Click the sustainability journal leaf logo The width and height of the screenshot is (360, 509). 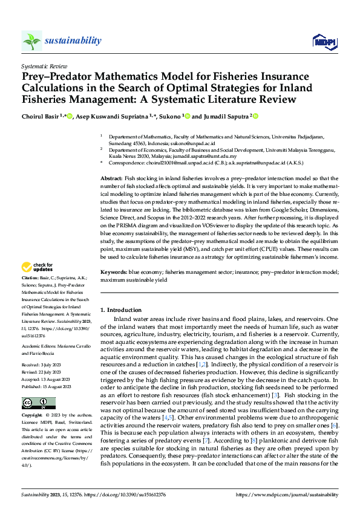coord(31,41)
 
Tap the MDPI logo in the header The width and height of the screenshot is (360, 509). coord(322,41)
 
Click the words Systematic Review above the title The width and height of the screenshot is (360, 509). coord(44,64)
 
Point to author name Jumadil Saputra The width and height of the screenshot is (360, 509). coord(223,116)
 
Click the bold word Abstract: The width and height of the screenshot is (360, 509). coord(111,180)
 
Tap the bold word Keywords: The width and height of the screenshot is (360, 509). coord(113,273)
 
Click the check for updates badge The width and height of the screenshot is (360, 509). coord(38,267)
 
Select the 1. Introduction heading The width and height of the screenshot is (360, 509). coord(120,310)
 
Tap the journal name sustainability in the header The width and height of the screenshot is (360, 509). coord(73,41)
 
